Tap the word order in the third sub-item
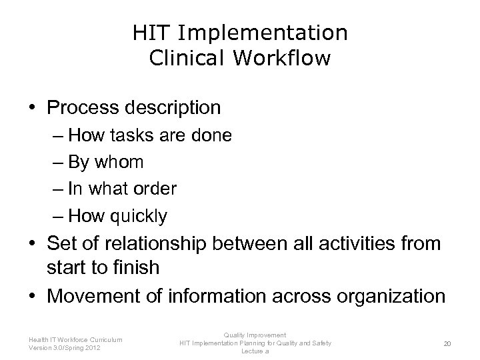(x=154, y=189)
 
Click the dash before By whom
(x=57, y=163)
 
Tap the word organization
(x=392, y=296)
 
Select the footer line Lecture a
(x=255, y=351)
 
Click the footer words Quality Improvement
(x=255, y=335)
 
